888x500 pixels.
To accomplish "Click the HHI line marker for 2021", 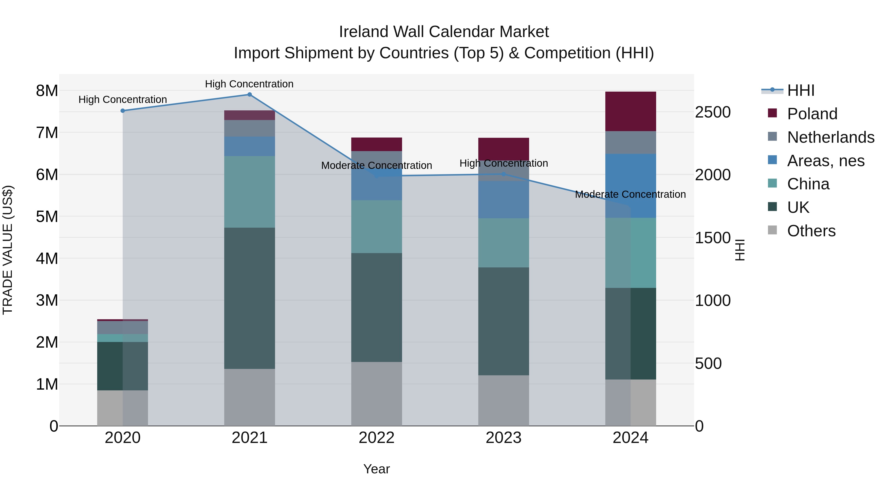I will pyautogui.click(x=250, y=95).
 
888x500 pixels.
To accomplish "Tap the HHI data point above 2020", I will pyautogui.click(x=123, y=111).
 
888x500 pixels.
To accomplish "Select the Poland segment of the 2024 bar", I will pyautogui.click(x=630, y=111).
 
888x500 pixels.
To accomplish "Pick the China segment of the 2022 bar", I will pyautogui.click(x=376, y=227).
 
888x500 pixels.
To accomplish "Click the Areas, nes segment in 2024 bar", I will pyautogui.click(x=630, y=186).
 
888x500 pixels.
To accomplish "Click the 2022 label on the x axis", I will pyautogui.click(x=376, y=438).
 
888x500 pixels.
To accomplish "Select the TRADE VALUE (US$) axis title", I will pyautogui.click(x=8, y=250).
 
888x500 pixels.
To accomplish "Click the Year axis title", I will pyautogui.click(x=376, y=469).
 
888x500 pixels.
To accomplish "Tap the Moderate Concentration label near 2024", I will pyautogui.click(x=630, y=194).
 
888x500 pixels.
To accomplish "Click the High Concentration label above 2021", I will pyautogui.click(x=249, y=84).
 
